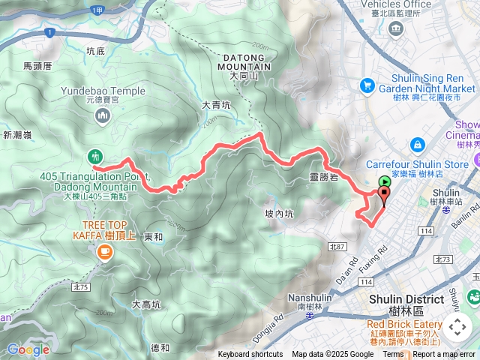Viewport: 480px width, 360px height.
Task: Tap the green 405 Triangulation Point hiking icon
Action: click(94, 156)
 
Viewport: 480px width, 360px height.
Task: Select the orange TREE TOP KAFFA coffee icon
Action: click(103, 253)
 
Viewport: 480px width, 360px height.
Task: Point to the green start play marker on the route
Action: click(385, 181)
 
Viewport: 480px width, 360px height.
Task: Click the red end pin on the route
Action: click(385, 196)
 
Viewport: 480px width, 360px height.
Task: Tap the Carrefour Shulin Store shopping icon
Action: click(416, 144)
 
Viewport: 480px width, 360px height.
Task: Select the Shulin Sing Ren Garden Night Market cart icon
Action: click(367, 85)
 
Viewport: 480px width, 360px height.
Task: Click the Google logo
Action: click(28, 349)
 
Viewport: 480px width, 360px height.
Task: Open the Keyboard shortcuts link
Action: click(250, 355)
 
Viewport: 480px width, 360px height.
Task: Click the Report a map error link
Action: click(444, 355)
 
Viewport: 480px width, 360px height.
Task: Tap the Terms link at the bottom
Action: click(393, 355)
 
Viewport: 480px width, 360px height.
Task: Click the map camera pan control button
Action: click(457, 327)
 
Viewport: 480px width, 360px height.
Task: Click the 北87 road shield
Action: click(335, 245)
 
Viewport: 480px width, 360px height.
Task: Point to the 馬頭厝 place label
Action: click(37, 66)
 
